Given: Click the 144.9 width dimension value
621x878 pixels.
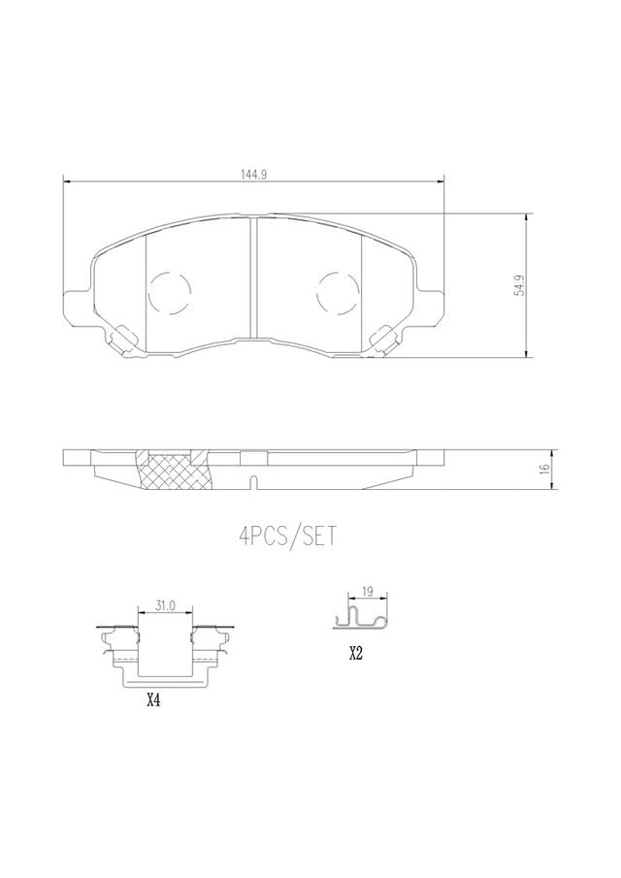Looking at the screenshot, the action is pyautogui.click(x=253, y=174).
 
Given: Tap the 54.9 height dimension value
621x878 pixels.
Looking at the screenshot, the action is pyautogui.click(x=520, y=285).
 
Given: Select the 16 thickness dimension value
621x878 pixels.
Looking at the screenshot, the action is pyautogui.click(x=544, y=470).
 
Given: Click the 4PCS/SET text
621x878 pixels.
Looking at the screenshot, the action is pyautogui.click(x=288, y=536).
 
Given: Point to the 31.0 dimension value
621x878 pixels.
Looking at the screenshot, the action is pyautogui.click(x=166, y=604).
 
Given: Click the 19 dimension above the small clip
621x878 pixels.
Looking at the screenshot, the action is pyautogui.click(x=368, y=591).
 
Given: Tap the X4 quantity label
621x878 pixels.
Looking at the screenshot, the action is pyautogui.click(x=153, y=699).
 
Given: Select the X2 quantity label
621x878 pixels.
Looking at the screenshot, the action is pyautogui.click(x=355, y=653).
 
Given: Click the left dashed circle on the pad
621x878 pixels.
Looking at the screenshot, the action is pyautogui.click(x=170, y=293).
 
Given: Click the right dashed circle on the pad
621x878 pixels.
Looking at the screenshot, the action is pyautogui.click(x=338, y=293).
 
